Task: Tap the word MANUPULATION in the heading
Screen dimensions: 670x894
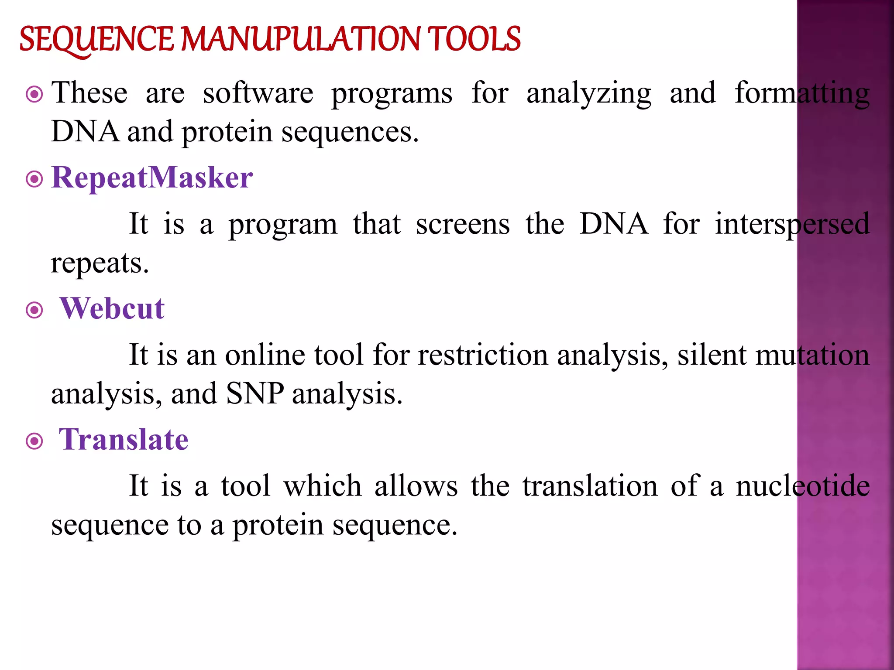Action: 300,39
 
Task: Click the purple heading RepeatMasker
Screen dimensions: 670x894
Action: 152,178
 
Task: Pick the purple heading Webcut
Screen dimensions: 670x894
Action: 112,309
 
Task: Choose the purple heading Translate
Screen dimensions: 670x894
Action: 124,440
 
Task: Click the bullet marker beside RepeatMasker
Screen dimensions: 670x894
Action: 34,179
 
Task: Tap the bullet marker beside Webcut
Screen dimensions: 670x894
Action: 34,311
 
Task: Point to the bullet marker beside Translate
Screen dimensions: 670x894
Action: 34,441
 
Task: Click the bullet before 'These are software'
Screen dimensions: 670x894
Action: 34,94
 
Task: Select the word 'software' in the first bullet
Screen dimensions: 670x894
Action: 258,93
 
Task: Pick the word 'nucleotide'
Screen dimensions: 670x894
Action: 802,486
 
